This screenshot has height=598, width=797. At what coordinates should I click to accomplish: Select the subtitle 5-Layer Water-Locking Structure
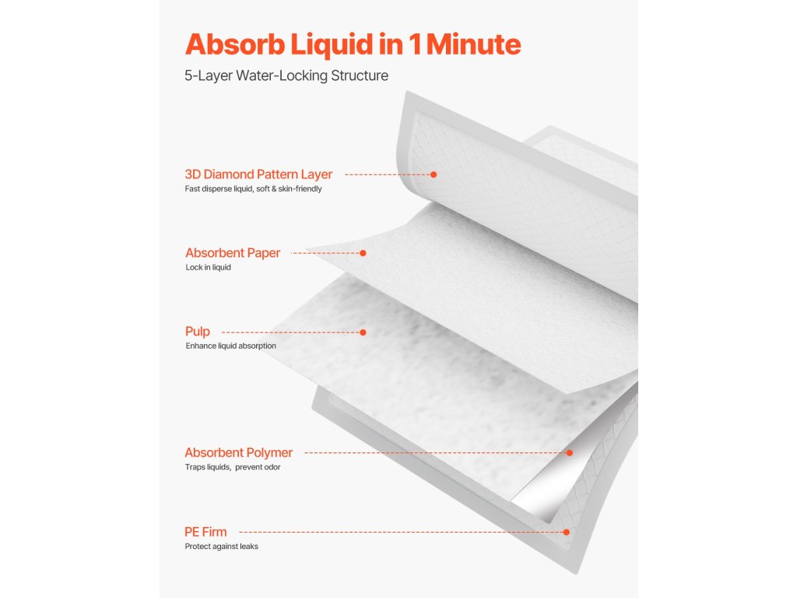286,76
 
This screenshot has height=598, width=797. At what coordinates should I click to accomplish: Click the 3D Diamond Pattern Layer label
258,174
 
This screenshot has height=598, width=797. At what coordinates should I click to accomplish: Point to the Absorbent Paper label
233,253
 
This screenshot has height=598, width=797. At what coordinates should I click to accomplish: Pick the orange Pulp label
198,332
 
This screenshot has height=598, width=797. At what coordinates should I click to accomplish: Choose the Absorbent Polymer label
238,452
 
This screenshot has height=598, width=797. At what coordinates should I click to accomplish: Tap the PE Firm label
205,532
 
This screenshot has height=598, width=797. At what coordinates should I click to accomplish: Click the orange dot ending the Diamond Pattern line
434,174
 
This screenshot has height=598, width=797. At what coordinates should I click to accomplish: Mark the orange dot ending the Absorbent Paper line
363,253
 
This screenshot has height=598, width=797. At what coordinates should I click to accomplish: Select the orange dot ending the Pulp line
363,332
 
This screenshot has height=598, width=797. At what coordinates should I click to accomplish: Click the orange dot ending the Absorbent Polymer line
569,452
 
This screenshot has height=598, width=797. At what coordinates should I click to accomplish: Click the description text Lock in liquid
208,268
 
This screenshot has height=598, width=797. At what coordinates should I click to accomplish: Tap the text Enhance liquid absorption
230,346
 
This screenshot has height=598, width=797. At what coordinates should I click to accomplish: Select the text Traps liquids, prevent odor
232,467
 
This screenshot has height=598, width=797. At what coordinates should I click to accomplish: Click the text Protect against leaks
221,547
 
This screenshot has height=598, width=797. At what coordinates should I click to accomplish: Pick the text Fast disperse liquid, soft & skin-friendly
253,189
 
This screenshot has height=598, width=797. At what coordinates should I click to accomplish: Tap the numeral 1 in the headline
413,44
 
